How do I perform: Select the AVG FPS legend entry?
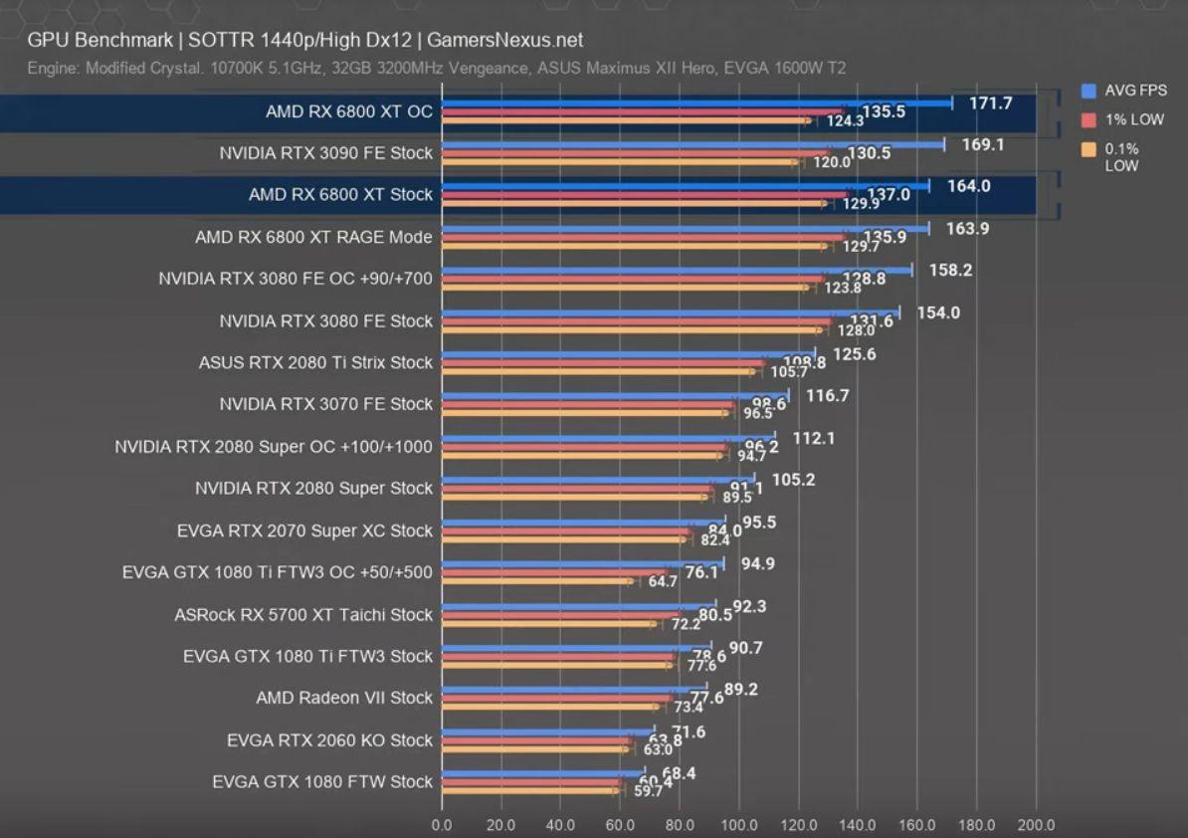[x=1135, y=91]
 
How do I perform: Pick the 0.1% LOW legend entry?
[x=1121, y=157]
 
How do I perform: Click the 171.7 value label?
[x=992, y=104]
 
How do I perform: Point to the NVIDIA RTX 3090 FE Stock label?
[x=326, y=153]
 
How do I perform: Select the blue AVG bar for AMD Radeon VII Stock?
[x=574, y=688]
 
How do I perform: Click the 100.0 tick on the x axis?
[x=739, y=825]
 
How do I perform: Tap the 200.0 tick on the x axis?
[x=1036, y=825]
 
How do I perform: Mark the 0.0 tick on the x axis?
[x=442, y=825]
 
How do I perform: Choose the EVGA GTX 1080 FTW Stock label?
[x=322, y=782]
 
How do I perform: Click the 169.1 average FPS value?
[x=983, y=145]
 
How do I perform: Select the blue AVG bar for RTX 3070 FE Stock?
[x=615, y=396]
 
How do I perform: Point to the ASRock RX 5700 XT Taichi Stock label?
[x=303, y=615]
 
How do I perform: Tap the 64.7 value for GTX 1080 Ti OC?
[x=663, y=582]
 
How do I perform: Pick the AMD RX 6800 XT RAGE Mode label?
[x=313, y=238]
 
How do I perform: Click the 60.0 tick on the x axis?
[x=620, y=825]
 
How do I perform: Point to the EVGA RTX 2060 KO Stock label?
[x=329, y=740]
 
